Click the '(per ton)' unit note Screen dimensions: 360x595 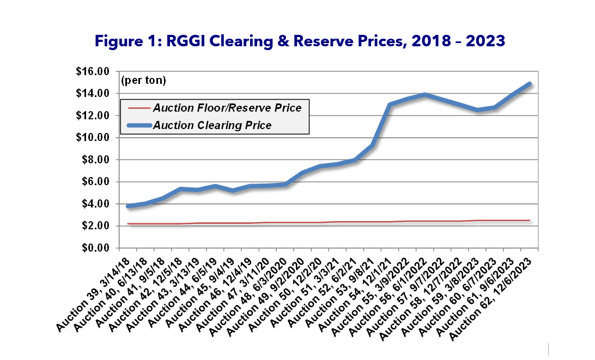(143, 81)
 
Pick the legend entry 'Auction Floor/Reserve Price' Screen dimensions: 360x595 (227, 108)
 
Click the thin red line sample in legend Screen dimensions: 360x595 (138, 108)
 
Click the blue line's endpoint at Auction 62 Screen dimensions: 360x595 (529, 84)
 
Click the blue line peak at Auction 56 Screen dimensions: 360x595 (425, 95)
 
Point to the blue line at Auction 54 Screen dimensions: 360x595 (390, 105)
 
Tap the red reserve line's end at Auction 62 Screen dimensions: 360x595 (529, 221)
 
